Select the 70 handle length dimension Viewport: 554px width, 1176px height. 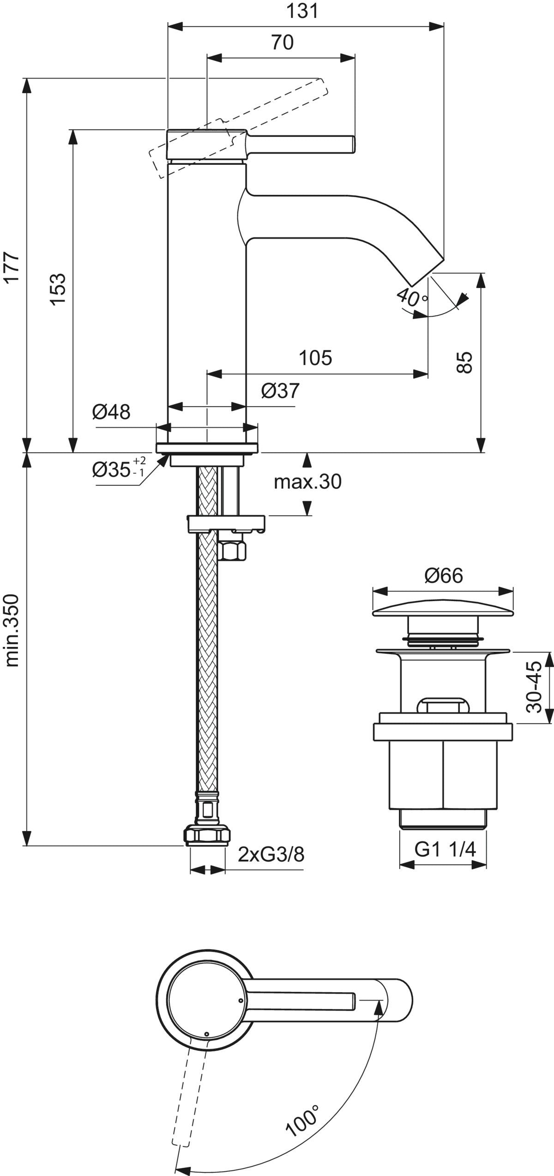282,42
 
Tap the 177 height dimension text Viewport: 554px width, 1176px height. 12,267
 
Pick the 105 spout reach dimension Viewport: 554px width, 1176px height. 316,357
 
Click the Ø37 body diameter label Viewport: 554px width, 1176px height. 280,392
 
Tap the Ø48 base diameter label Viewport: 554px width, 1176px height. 111,411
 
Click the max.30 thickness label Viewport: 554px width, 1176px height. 307,482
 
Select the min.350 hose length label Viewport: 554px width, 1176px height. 12,630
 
